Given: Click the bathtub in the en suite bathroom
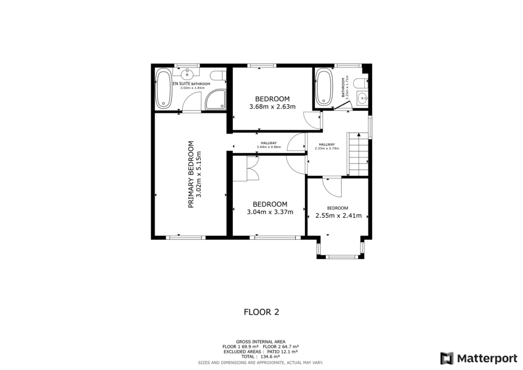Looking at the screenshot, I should coord(164,89).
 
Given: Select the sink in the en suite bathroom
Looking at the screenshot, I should coord(188,73).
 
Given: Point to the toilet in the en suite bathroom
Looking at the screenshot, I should coord(219,76).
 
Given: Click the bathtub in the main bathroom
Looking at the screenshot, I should coord(324,87).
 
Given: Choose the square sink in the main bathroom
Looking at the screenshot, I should coord(362,98).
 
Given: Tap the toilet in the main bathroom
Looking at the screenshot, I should coord(360,83).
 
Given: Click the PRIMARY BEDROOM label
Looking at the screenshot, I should coord(192,174).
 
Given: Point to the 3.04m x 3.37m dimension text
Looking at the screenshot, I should coord(270,212).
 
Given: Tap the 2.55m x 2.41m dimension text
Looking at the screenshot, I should coord(338,216).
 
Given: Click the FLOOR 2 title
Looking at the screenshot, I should coord(261,311).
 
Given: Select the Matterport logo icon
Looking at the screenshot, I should coord(447,358).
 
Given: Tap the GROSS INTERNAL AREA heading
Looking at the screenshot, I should coord(260,341).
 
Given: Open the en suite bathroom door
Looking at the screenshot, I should coord(192,106).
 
